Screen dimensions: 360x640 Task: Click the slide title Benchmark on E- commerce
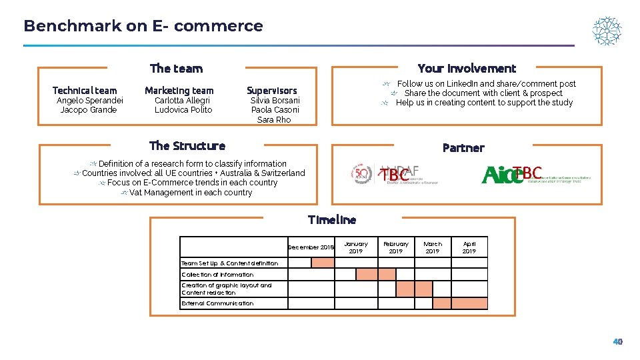(143, 26)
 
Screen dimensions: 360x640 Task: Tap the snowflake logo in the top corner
(607, 31)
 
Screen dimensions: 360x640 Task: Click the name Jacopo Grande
(89, 110)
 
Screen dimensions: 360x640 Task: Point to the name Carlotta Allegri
(182, 101)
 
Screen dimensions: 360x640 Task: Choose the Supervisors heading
(272, 91)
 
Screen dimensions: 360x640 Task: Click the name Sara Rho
(274, 120)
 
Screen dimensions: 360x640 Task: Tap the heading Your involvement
(467, 68)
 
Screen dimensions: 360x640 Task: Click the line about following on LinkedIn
(486, 84)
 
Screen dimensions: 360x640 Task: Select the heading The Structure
(187, 146)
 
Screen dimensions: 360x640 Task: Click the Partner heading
(463, 148)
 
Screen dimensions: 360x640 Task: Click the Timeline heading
(332, 219)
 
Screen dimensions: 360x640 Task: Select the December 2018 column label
(311, 247)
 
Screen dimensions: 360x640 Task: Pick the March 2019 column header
(433, 247)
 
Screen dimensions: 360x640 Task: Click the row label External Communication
(217, 303)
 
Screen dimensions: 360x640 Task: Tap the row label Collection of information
(217, 275)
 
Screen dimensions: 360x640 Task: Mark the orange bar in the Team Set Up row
(323, 263)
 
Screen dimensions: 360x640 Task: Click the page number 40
(618, 341)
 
